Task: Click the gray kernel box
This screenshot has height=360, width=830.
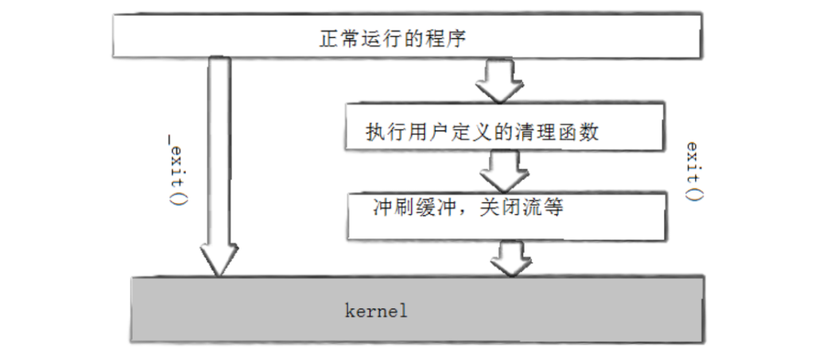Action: point(416,308)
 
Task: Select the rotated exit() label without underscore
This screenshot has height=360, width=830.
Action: point(693,171)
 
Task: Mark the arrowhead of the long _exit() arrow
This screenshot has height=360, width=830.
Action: point(219,258)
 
